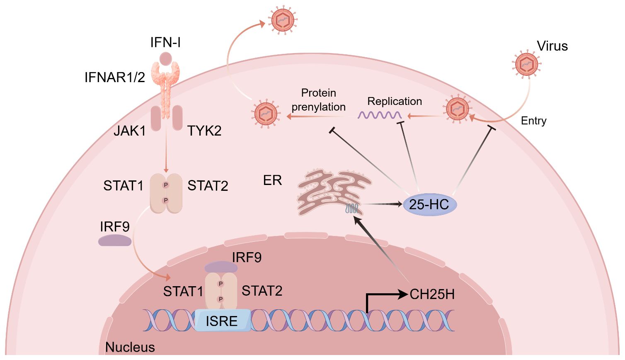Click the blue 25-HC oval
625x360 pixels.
click(429, 204)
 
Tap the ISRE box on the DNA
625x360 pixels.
click(222, 321)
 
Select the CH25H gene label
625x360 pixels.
click(432, 294)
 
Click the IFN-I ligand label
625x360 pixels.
click(165, 42)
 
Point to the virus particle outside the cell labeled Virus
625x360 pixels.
click(526, 65)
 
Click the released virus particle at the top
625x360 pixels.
click(283, 20)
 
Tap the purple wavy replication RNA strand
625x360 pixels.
click(380, 115)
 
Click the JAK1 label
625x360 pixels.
click(130, 131)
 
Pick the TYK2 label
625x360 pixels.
click(204, 131)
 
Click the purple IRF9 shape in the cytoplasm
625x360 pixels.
click(115, 241)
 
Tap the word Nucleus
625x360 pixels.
click(130, 347)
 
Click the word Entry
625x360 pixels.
click(533, 121)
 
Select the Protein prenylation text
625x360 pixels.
click(318, 100)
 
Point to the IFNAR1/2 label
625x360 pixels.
click(115, 77)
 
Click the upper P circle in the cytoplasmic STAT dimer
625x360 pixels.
click(166, 185)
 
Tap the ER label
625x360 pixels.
click(272, 180)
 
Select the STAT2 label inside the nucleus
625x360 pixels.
click(262, 291)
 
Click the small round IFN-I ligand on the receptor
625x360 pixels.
click(166, 58)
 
